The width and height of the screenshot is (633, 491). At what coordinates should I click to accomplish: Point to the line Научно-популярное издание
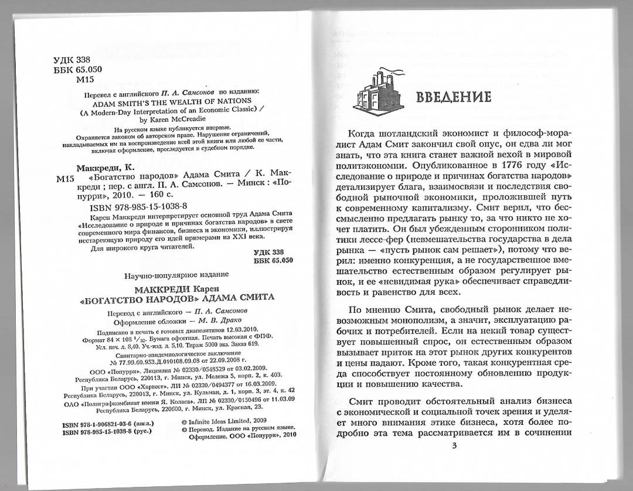177,275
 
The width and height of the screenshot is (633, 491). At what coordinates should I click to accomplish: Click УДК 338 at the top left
72,59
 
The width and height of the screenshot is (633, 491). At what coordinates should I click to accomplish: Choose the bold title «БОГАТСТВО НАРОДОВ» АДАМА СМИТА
177,298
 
